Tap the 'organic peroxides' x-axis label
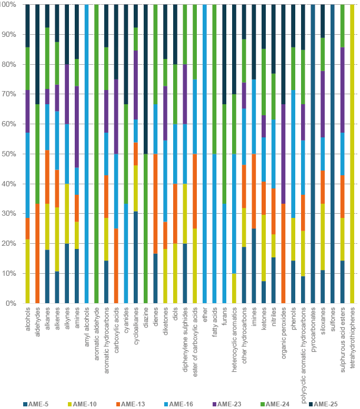[283, 332]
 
